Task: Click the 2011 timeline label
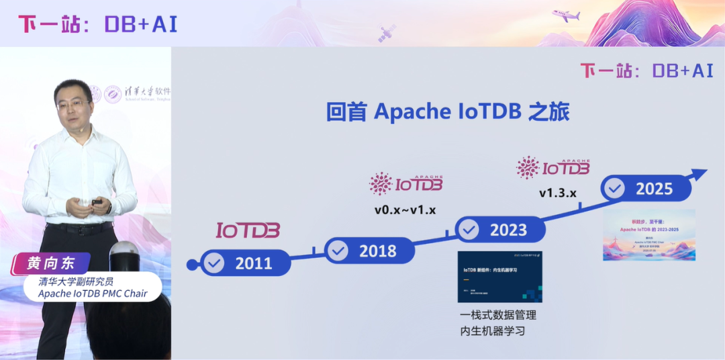pos(253,263)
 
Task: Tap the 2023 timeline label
pos(508,230)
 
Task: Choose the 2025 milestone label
pos(654,189)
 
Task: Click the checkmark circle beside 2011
pos(214,263)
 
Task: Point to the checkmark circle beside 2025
pos(614,189)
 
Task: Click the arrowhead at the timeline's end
pos(699,175)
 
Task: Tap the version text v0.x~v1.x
pos(405,210)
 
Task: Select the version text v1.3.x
pos(558,193)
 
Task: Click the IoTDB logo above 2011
pos(248,230)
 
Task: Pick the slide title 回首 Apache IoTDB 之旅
pos(448,111)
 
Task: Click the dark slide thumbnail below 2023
pos(500,277)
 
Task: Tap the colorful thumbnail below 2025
pos(648,235)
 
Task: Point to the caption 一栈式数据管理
pos(497,315)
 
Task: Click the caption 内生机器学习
pos(491,331)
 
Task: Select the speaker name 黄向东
pos(51,263)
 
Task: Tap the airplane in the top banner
pos(565,15)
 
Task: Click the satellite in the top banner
pos(387,34)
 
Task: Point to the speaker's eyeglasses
pos(72,105)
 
